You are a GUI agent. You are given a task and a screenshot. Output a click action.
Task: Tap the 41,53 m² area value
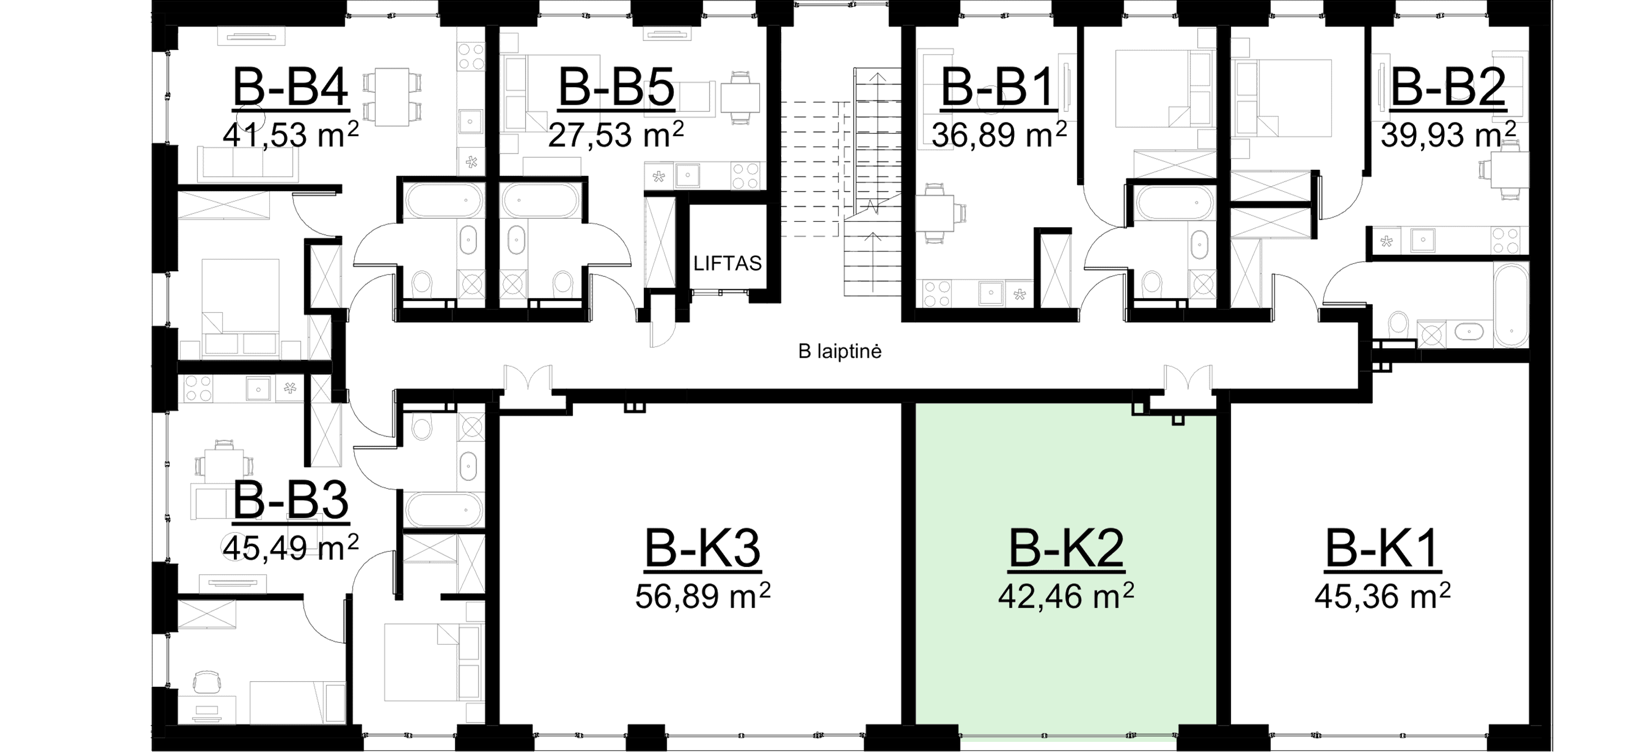point(291,136)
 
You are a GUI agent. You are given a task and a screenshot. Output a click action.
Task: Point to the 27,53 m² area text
point(616,136)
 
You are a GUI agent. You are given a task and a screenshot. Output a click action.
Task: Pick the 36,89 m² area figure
point(999,136)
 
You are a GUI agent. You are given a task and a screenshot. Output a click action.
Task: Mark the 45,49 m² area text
point(291,547)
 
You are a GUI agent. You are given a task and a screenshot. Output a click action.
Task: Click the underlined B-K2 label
point(1066,548)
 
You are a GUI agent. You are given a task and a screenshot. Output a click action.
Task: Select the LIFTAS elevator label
point(728,263)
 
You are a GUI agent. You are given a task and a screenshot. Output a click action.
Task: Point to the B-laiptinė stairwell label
point(841,352)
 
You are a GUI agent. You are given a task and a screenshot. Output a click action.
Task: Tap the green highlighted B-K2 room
point(1066,664)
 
